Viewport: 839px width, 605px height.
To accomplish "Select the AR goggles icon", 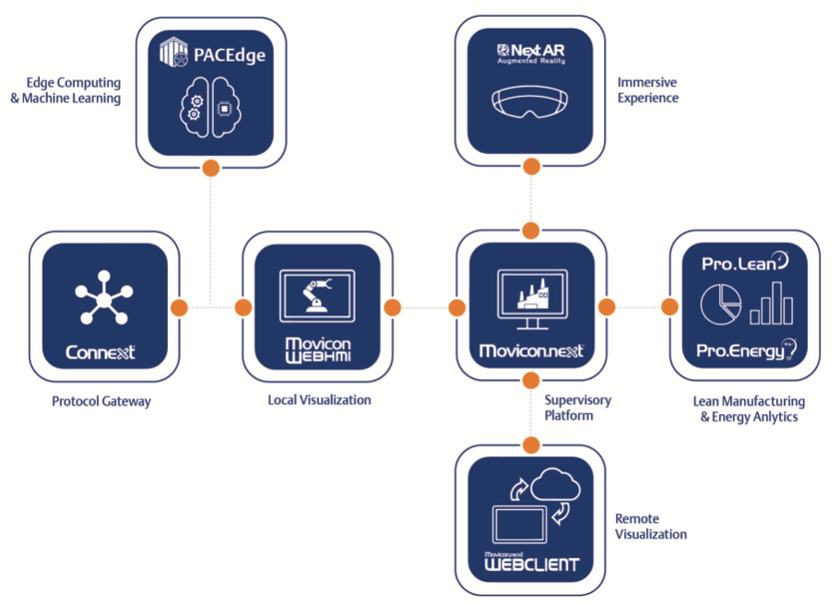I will pos(530,101).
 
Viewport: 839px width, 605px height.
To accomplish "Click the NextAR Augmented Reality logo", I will pos(530,53).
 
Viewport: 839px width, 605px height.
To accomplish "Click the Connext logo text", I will pos(101,351).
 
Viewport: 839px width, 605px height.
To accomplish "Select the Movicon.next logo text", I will pos(530,351).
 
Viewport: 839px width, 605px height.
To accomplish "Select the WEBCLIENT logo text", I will pos(531,563).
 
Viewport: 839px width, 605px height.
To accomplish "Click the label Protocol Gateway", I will pos(101,401).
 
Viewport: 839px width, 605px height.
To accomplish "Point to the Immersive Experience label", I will pos(647,90).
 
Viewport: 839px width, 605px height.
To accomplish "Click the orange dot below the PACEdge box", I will pos(210,168).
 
